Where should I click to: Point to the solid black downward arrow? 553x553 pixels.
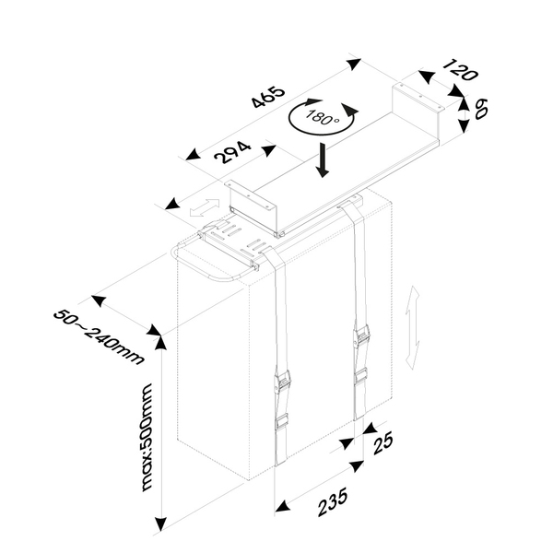tap(323, 159)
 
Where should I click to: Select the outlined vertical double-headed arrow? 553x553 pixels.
tap(415, 329)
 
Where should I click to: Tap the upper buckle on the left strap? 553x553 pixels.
tap(284, 381)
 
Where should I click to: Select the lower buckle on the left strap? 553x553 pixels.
tap(282, 421)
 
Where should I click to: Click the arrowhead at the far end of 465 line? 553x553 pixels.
tap(353, 65)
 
